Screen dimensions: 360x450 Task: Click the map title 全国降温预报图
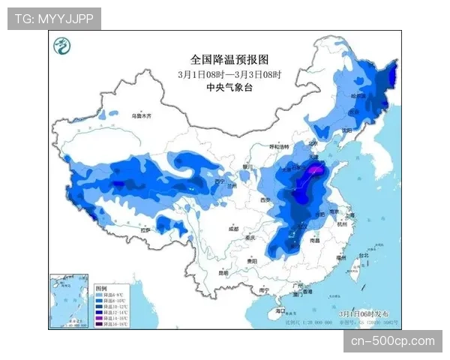(229, 59)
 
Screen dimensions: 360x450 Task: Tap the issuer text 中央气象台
(229, 87)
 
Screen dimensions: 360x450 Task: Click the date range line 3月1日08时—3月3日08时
(229, 73)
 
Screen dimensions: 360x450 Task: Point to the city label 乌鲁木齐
(141, 116)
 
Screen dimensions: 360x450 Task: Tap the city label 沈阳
(346, 130)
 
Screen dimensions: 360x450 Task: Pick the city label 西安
(264, 200)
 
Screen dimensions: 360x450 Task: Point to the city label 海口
(280, 309)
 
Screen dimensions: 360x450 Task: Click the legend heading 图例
(101, 288)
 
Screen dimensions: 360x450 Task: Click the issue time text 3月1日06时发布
(363, 311)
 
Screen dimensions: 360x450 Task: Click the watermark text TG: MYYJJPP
(54, 19)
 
